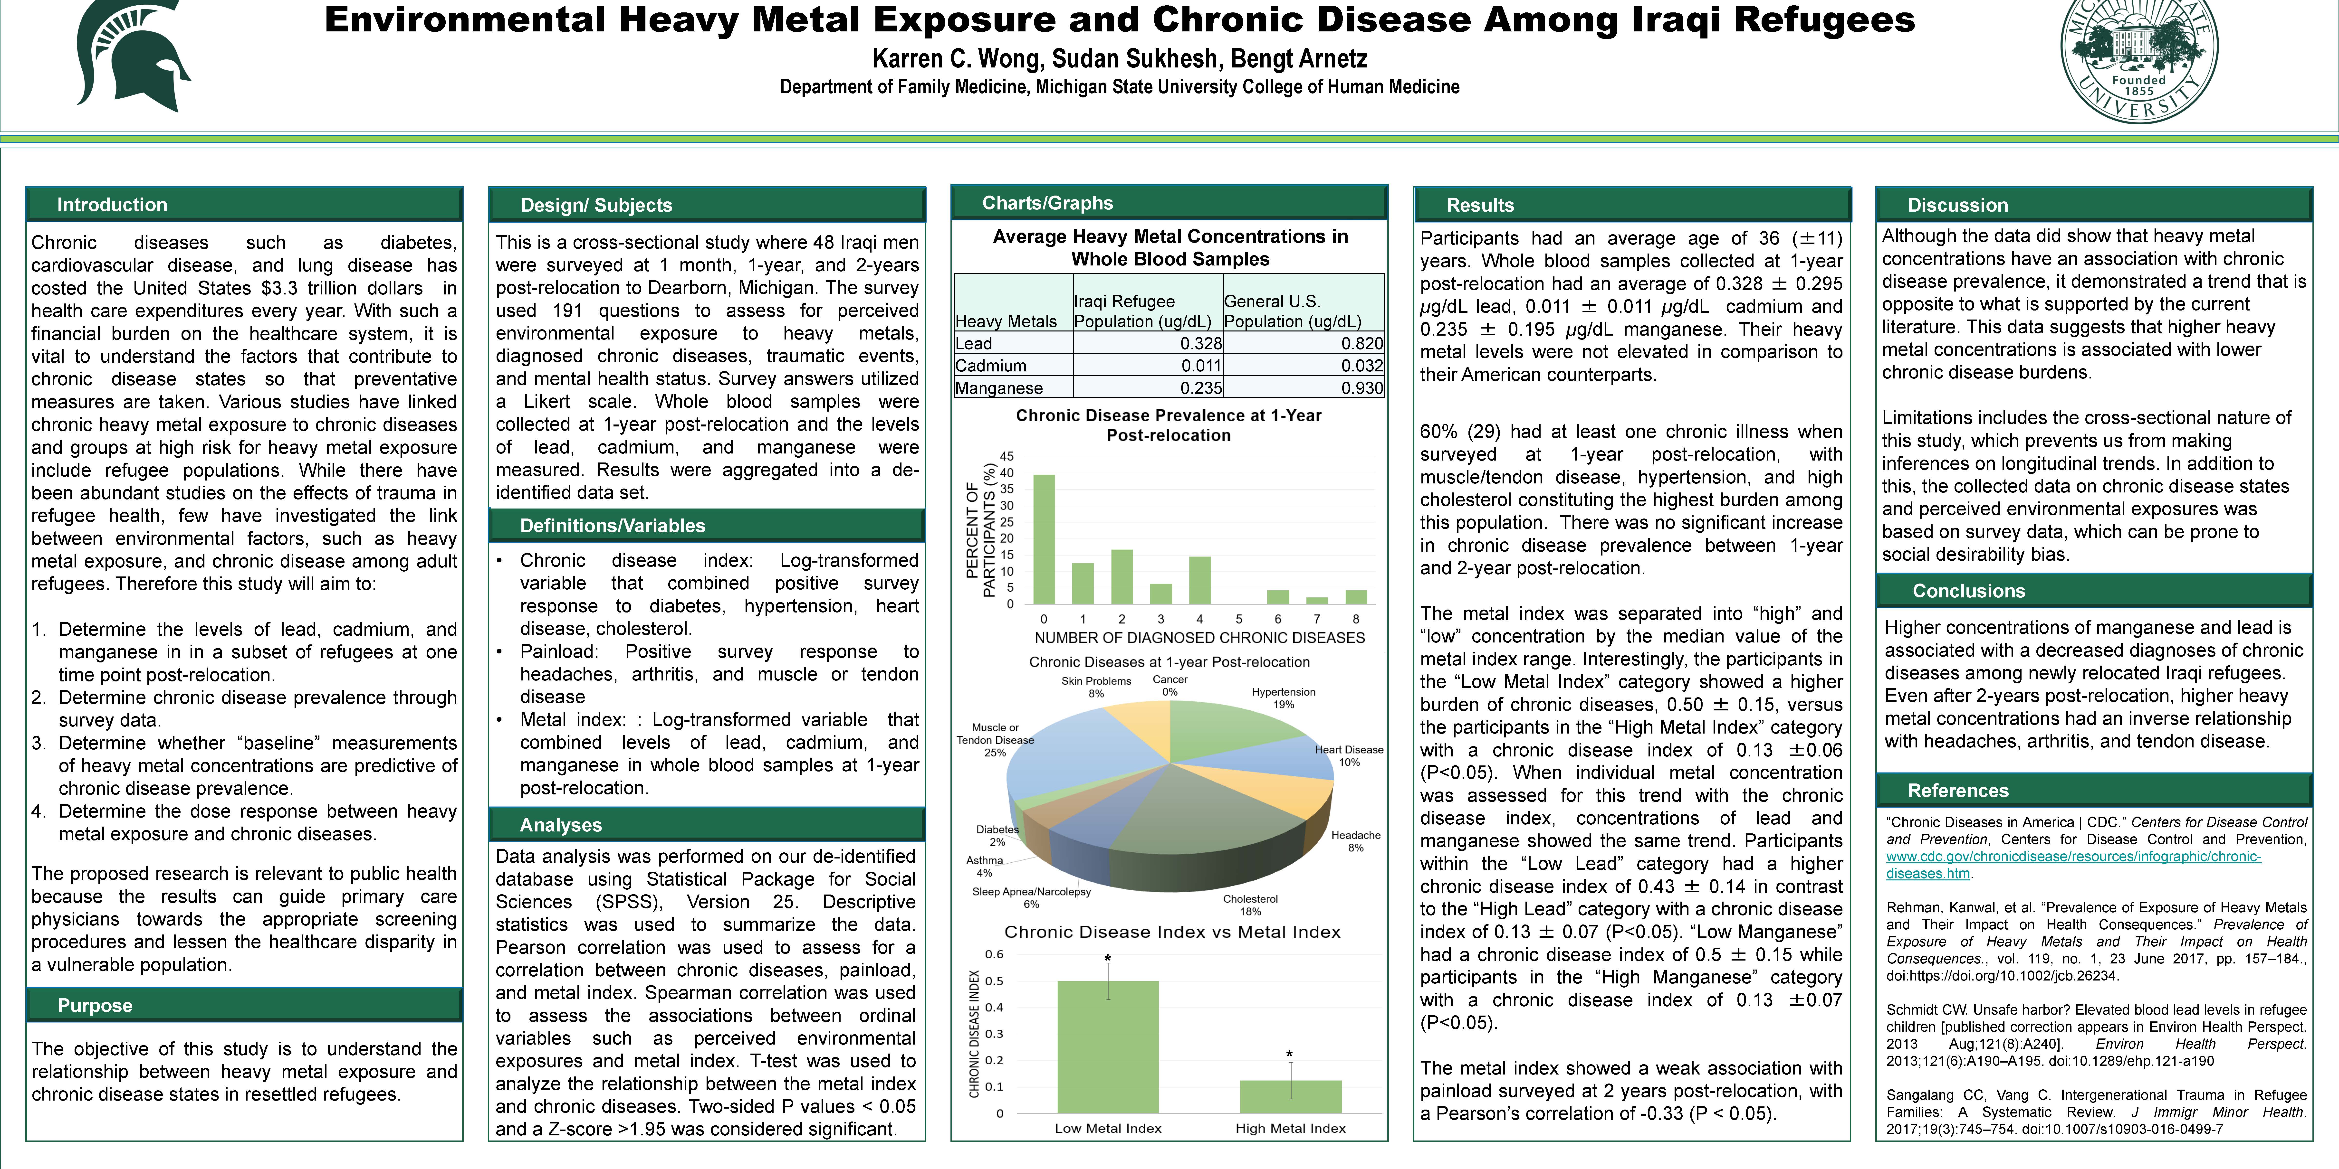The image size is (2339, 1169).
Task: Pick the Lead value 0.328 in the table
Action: click(x=1201, y=343)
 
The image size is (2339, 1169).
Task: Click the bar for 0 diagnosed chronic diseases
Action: click(x=1044, y=539)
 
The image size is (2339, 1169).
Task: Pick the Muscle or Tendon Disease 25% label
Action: click(x=995, y=740)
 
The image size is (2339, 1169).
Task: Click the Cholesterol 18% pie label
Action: click(x=1250, y=905)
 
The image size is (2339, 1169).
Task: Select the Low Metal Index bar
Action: click(x=1108, y=1046)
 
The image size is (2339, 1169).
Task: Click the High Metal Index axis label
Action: click(x=1290, y=1128)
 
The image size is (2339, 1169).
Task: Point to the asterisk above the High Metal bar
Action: click(x=1289, y=1055)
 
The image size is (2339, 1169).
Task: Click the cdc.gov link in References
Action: click(x=2074, y=865)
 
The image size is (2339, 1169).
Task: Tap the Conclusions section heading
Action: click(x=1969, y=591)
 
